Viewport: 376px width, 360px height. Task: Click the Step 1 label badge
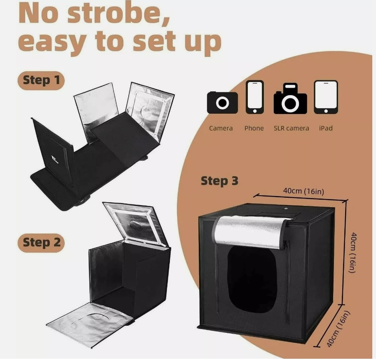(x=41, y=80)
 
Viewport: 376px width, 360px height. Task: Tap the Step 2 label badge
(x=41, y=242)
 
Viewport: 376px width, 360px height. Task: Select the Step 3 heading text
(x=219, y=181)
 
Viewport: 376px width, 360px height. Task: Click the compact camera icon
(x=222, y=103)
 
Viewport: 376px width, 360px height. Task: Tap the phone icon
(x=254, y=97)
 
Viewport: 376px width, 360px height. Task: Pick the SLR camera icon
(x=290, y=99)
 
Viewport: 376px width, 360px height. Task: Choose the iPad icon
(x=326, y=97)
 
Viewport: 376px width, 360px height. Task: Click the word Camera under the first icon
(x=221, y=128)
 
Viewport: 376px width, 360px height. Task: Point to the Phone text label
(x=254, y=128)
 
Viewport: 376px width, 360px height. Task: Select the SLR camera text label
(x=291, y=128)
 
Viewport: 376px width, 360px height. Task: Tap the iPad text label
(x=326, y=128)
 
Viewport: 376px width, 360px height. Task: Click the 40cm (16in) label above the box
(x=303, y=191)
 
